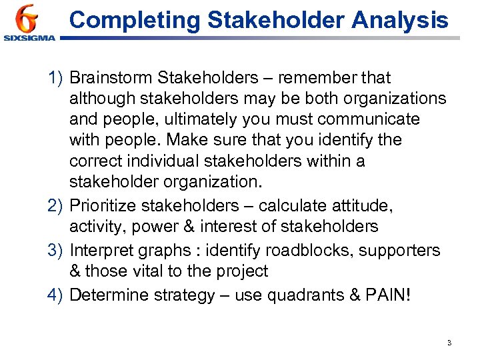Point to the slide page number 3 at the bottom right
pos(449,343)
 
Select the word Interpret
pos(101,251)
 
